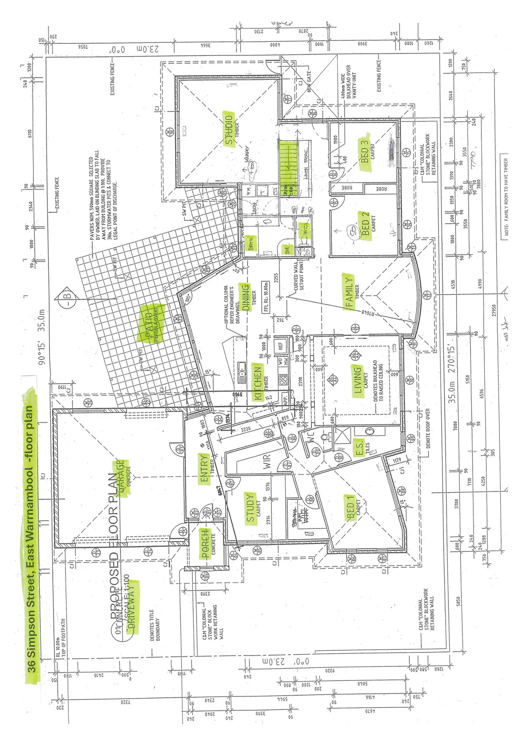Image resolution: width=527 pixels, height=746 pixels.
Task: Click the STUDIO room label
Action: (x=228, y=129)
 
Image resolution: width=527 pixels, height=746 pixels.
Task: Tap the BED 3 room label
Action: (x=365, y=151)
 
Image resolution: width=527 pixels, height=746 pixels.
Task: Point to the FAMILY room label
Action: (x=349, y=292)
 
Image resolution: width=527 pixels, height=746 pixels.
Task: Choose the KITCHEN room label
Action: (x=258, y=382)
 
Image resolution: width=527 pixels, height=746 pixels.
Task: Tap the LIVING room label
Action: (x=358, y=380)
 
